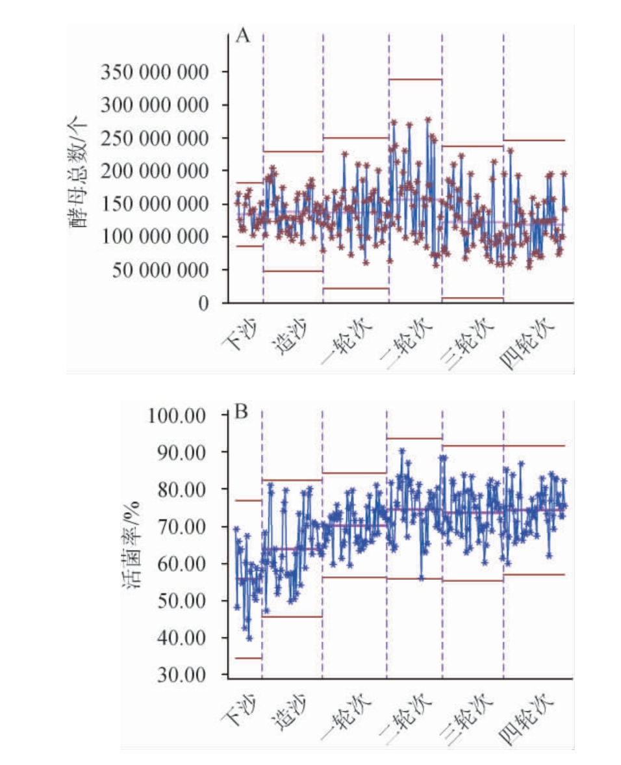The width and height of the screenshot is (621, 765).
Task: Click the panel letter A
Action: (x=242, y=36)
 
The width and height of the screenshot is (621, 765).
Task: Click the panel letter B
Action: (x=241, y=413)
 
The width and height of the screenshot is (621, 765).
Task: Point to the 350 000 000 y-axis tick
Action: (x=154, y=71)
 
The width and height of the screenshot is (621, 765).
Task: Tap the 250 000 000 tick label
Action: (x=154, y=138)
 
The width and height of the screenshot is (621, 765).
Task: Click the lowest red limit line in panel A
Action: (x=472, y=298)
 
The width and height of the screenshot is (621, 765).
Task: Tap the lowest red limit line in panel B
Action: (x=248, y=658)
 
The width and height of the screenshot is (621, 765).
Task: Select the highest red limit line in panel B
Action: (x=414, y=438)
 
